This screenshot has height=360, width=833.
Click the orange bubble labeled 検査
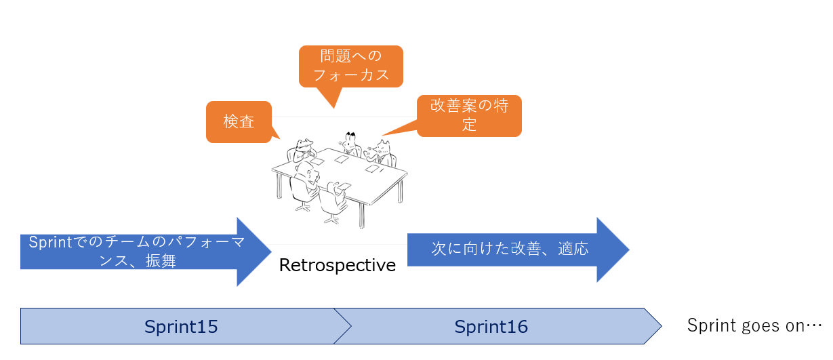point(239,122)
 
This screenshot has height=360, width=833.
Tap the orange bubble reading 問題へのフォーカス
point(350,66)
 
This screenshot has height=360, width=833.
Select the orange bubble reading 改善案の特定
point(469,116)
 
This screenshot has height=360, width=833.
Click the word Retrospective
point(338,265)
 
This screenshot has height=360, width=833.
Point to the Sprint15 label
point(181,327)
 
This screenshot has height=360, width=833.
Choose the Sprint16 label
point(491,327)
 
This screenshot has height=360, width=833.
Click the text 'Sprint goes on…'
point(754,325)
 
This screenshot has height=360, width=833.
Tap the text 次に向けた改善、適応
point(510,249)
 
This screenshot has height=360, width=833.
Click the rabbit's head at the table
point(350,140)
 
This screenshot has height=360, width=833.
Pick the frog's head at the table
point(304,145)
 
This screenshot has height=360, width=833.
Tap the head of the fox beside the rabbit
point(382,148)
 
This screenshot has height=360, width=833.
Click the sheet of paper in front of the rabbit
point(341,159)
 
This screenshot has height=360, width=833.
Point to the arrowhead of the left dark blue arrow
point(254,252)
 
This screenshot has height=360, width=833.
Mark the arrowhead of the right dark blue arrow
point(613,250)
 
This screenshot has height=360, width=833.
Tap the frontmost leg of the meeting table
point(361,215)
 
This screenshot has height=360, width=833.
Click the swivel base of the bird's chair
point(331,220)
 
